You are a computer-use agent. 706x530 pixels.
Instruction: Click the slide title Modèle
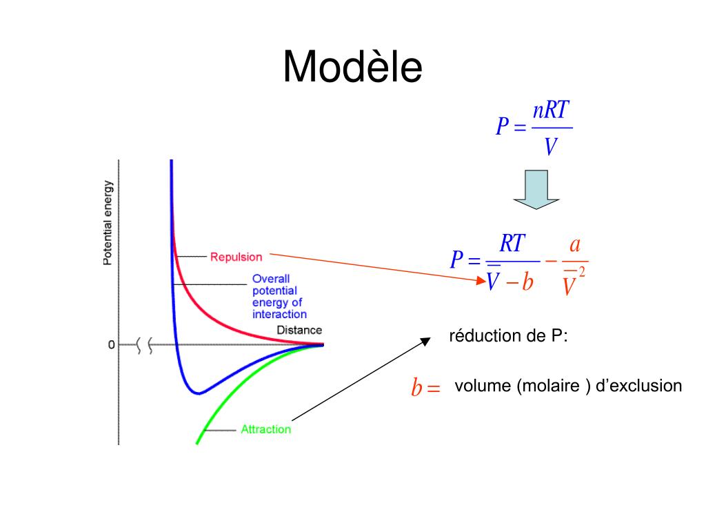pyautogui.click(x=352, y=68)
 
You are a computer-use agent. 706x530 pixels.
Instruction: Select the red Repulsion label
pyautogui.click(x=236, y=257)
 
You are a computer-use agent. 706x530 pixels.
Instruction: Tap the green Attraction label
pyautogui.click(x=265, y=429)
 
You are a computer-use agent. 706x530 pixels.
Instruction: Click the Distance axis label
pyautogui.click(x=299, y=330)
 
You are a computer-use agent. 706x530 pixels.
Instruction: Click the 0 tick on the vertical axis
pyautogui.click(x=111, y=344)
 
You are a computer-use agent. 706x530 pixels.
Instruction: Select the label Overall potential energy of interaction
pyautogui.click(x=276, y=297)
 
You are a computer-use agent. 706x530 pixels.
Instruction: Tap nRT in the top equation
pyautogui.click(x=552, y=111)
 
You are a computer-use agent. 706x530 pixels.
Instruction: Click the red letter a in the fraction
pyautogui.click(x=574, y=245)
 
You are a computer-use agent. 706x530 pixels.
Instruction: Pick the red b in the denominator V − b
pyautogui.click(x=527, y=282)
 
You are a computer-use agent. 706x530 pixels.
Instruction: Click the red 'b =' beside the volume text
pyautogui.click(x=425, y=389)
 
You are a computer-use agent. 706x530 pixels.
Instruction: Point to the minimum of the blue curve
pyautogui.click(x=199, y=393)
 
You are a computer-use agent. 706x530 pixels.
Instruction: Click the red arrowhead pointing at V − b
pyautogui.click(x=481, y=280)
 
